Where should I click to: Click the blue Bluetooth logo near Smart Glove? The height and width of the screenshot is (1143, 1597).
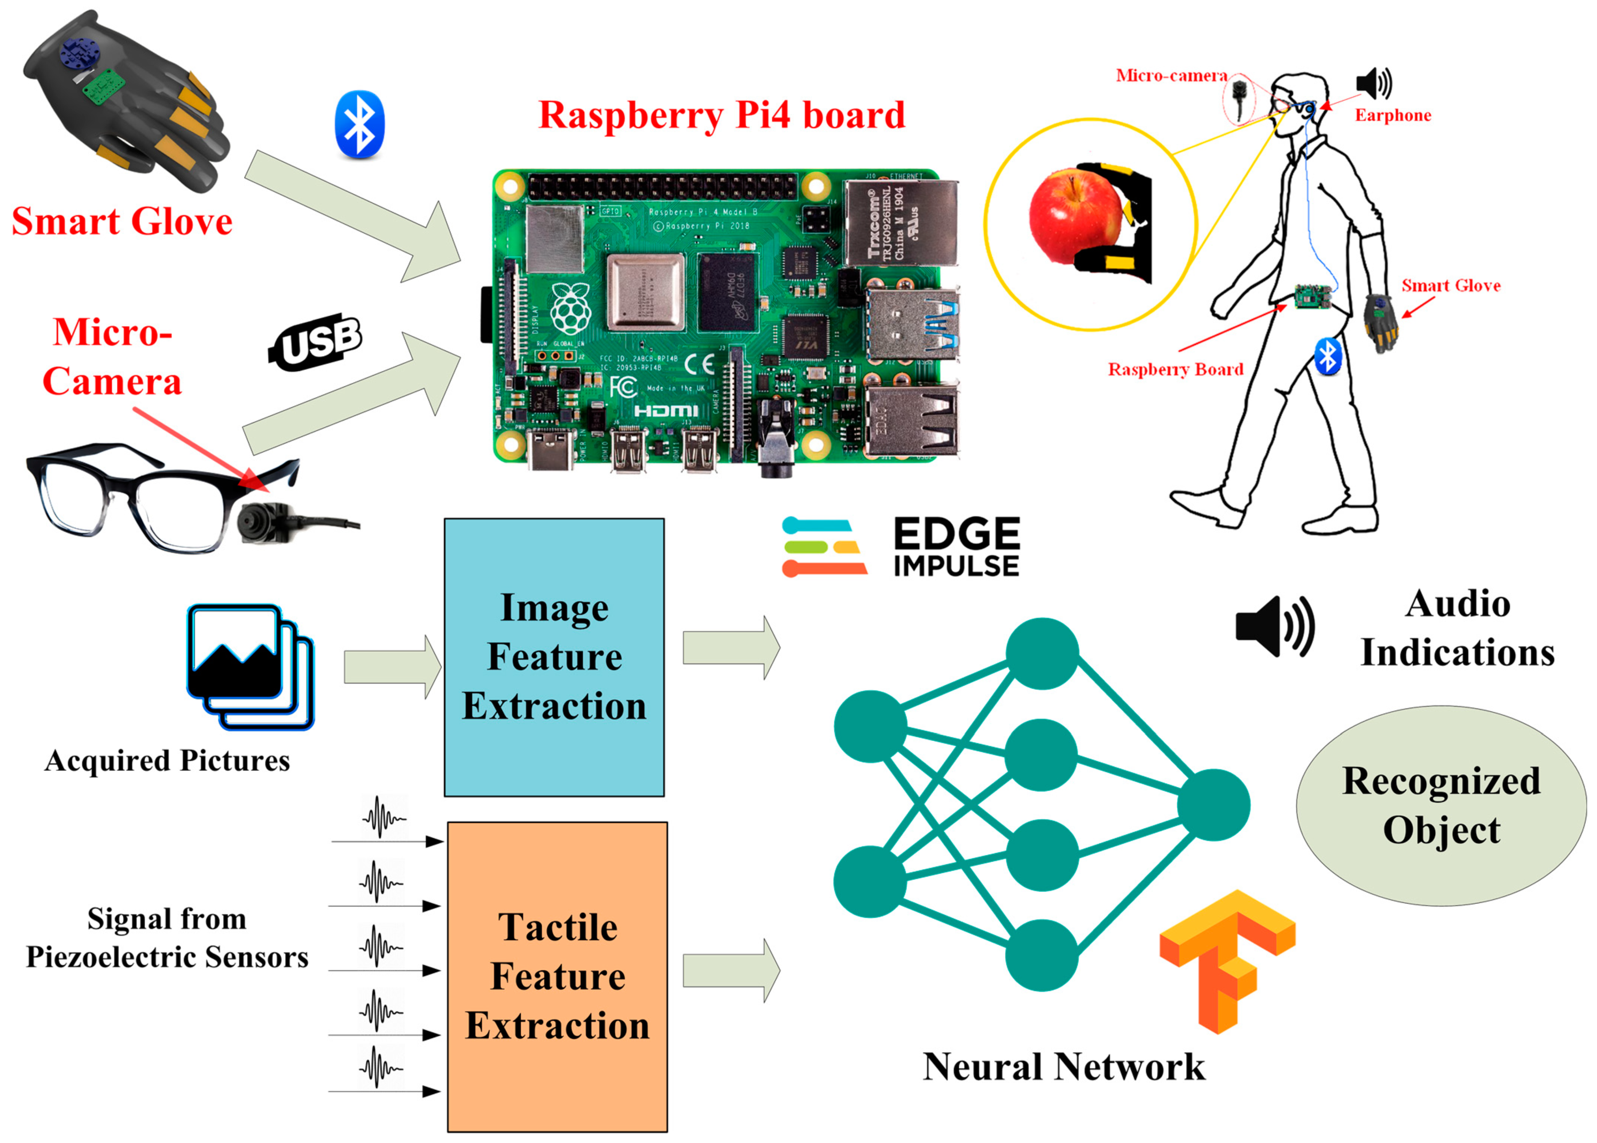pyautogui.click(x=360, y=124)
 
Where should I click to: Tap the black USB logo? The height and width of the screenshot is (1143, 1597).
pyautogui.click(x=316, y=342)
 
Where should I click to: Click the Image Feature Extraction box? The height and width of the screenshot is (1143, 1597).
pyautogui.click(x=554, y=657)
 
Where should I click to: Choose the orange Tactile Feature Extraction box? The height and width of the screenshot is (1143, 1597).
pyautogui.click(x=558, y=976)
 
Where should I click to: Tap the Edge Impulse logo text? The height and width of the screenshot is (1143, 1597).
pyautogui.click(x=956, y=548)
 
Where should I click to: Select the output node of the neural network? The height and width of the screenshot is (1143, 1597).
pyautogui.click(x=1212, y=805)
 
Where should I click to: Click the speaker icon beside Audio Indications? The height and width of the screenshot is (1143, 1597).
pyautogui.click(x=1274, y=626)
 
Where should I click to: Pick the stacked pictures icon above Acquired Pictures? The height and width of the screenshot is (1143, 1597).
pyautogui.click(x=250, y=666)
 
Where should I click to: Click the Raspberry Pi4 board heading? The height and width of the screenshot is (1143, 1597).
pyautogui.click(x=721, y=115)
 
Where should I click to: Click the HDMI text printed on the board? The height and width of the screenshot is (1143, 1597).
pyautogui.click(x=666, y=411)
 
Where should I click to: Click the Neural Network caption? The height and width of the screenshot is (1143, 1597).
pyautogui.click(x=1063, y=1067)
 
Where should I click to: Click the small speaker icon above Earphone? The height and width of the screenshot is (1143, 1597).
pyautogui.click(x=1374, y=83)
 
